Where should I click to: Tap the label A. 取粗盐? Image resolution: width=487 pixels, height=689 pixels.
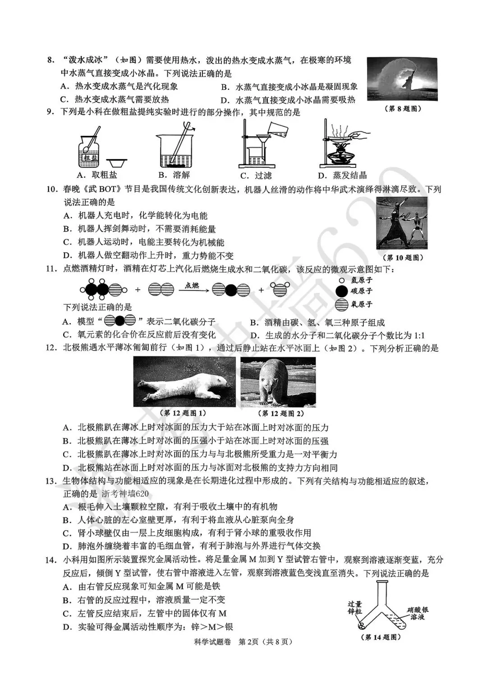(97, 175)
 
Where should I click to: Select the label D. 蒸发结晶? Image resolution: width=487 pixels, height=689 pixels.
(342, 176)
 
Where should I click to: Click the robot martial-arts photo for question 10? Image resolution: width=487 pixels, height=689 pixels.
(402, 222)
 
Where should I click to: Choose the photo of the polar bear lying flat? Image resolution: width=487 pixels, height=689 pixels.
(184, 382)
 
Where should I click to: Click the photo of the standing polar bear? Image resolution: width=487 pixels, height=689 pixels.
(278, 382)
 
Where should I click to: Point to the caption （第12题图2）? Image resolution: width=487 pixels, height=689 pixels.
(280, 413)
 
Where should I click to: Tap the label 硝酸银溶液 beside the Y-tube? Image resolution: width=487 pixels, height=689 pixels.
(418, 613)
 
